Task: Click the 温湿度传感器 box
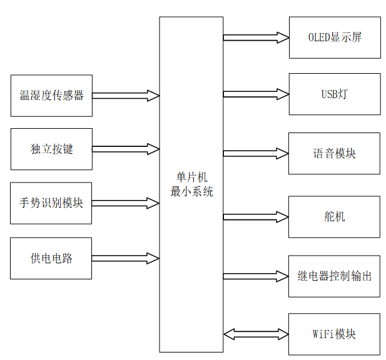tap(51, 96)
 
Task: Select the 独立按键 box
tap(51, 149)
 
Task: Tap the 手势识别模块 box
tap(51, 203)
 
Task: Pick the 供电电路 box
tap(51, 258)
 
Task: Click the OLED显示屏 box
tap(334, 37)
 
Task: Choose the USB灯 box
tap(334, 94)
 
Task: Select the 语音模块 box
tap(334, 154)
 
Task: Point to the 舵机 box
tap(334, 217)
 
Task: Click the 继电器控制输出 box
tap(334, 276)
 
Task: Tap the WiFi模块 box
tap(334, 334)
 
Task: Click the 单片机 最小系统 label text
tap(191, 186)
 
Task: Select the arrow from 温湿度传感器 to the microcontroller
tap(126, 96)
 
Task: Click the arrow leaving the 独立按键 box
tap(126, 149)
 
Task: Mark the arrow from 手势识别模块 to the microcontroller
tap(126, 203)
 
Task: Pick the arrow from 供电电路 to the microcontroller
tap(126, 258)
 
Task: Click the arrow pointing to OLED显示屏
tap(256, 37)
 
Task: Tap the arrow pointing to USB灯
tap(256, 94)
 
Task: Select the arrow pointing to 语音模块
tap(256, 154)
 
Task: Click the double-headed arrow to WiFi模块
tap(256, 334)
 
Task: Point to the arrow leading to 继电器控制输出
tap(256, 276)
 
